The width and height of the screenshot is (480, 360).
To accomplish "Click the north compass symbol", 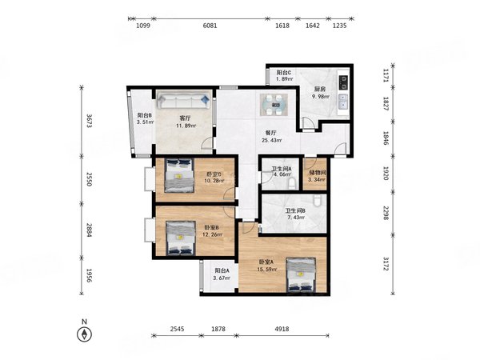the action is pyautogui.click(x=84, y=334).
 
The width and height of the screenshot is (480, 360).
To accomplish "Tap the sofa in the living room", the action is pyautogui.click(x=184, y=101).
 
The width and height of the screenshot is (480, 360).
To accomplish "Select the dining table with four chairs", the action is pyautogui.click(x=274, y=105).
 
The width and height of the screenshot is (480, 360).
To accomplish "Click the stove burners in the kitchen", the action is pyautogui.click(x=344, y=82).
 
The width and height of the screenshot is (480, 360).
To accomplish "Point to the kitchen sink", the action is pyautogui.click(x=344, y=102).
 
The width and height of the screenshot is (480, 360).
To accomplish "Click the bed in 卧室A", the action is pyautogui.click(x=301, y=275).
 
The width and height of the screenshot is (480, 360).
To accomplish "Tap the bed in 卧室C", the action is pyautogui.click(x=179, y=175).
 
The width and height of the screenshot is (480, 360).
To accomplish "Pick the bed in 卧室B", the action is pyautogui.click(x=181, y=238).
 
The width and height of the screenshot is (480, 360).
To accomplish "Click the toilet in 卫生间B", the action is pyautogui.click(x=318, y=201).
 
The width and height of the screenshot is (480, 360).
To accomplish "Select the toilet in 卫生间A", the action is pyautogui.click(x=292, y=184).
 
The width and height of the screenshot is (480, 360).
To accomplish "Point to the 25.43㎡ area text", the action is pyautogui.click(x=272, y=140).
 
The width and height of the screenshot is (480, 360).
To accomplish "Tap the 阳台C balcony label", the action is pyautogui.click(x=284, y=73).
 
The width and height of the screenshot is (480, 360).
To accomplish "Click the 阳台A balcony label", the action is pyautogui.click(x=222, y=270).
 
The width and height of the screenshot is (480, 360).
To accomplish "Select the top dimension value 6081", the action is pyautogui.click(x=210, y=26).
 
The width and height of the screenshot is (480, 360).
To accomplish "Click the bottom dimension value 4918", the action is pyautogui.click(x=282, y=329).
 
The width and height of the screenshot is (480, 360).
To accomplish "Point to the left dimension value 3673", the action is pyautogui.click(x=89, y=121).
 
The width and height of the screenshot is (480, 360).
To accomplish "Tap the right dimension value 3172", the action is pyautogui.click(x=386, y=264).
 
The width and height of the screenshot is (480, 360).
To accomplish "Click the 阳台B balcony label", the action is pyautogui.click(x=145, y=115).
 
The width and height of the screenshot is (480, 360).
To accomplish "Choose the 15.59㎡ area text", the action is pyautogui.click(x=267, y=270).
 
